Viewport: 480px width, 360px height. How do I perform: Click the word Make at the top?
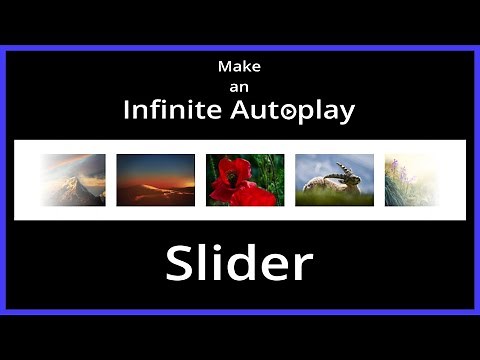click(x=239, y=67)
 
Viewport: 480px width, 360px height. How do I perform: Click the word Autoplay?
click(x=294, y=112)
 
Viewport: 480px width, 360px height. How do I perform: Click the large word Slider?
click(x=239, y=263)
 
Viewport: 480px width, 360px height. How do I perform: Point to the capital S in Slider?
click(x=180, y=264)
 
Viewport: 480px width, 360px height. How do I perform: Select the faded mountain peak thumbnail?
click(x=74, y=179)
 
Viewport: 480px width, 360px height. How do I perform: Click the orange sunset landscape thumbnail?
click(x=156, y=179)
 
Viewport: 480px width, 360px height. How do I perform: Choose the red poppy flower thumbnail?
click(x=245, y=179)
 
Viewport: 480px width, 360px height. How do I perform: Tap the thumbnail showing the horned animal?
click(x=334, y=179)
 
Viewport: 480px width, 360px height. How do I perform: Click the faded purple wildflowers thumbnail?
click(x=410, y=179)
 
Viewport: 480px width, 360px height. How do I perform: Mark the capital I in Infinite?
click(x=127, y=111)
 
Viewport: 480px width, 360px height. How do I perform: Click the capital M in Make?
click(x=225, y=67)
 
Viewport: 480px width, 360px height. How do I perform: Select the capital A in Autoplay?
click(x=244, y=111)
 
